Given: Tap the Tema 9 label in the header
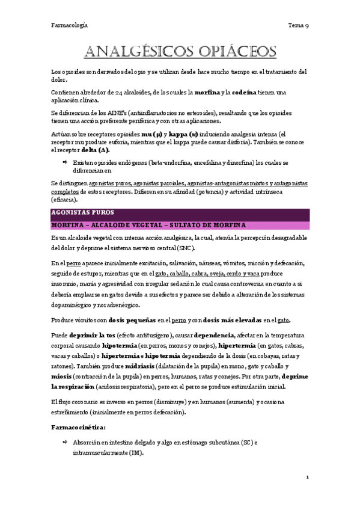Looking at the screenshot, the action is (x=298, y=25).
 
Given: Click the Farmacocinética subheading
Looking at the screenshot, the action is (x=79, y=427).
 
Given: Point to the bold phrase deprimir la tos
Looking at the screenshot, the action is (x=91, y=334).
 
